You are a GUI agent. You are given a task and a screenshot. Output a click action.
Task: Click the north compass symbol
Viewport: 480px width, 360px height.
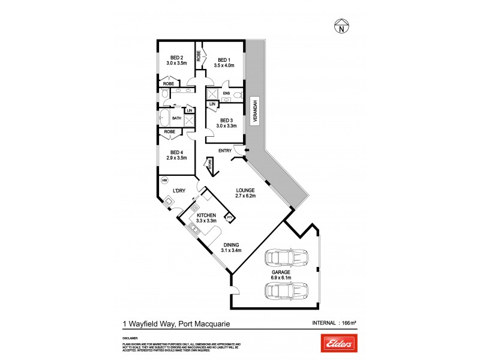click(x=341, y=26)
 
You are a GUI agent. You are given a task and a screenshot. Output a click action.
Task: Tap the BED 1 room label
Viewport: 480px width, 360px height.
click(x=223, y=60)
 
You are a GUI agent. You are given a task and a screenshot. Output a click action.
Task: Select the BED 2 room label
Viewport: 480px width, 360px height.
click(x=176, y=58)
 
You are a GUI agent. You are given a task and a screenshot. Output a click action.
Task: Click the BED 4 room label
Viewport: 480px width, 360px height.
click(x=176, y=152)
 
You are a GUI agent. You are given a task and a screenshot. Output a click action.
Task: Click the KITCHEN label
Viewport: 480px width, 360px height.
click(x=206, y=215)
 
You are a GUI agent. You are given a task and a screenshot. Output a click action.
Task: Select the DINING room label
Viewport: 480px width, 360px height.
click(x=232, y=245)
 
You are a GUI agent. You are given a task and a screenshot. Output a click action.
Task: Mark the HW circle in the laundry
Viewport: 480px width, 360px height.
click(x=164, y=180)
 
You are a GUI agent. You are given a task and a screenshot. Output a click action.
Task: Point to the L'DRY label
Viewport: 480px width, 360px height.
click(x=178, y=191)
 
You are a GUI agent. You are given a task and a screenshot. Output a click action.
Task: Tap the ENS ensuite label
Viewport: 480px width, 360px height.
click(x=226, y=94)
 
